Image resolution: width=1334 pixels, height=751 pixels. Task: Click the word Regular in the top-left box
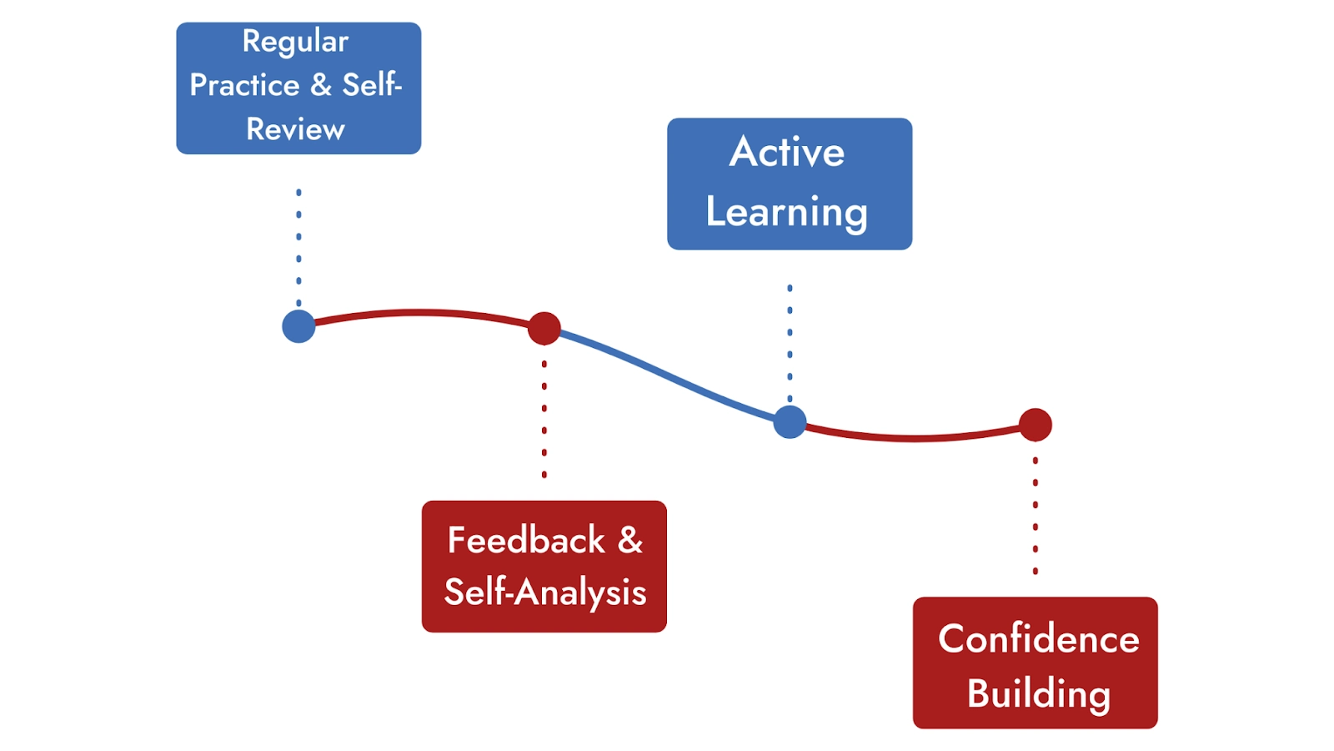[295, 42]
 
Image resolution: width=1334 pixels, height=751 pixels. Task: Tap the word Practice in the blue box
[244, 85]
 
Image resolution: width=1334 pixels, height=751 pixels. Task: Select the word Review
[295, 129]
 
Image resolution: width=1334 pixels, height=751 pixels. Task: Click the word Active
[787, 152]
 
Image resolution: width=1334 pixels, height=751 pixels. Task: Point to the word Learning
[787, 212]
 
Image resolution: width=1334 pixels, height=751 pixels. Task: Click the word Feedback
[526, 540]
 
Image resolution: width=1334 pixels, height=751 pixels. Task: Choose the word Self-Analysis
[545, 592]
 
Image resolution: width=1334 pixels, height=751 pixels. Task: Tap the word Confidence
[1039, 639]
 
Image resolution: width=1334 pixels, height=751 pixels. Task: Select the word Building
[1039, 693]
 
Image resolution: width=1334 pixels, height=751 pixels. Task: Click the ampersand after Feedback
[630, 540]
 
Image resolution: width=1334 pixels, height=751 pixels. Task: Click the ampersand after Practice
[321, 85]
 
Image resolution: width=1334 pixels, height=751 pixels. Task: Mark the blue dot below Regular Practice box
[298, 326]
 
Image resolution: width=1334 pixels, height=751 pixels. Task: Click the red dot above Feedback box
[544, 329]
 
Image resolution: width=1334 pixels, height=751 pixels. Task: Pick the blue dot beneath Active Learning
[790, 422]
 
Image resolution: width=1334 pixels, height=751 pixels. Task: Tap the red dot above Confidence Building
[1036, 425]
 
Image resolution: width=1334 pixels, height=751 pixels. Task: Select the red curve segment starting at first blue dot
[417, 313]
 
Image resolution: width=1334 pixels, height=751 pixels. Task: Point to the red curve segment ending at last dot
[917, 437]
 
